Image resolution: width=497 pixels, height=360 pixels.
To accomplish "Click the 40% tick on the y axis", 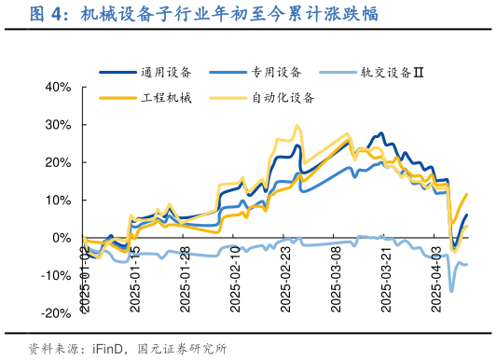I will coord(58,87).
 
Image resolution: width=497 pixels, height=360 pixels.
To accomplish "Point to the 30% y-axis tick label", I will coord(58,125).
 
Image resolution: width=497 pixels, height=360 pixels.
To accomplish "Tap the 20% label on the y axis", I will coord(58,162).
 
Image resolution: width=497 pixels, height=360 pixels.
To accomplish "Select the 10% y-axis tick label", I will coord(58,201).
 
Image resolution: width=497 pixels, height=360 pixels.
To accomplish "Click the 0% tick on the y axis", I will coord(62,238).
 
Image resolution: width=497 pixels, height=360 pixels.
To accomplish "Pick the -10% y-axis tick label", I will coord(56,276).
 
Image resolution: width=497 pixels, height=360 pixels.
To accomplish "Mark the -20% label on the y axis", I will coord(56,313).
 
